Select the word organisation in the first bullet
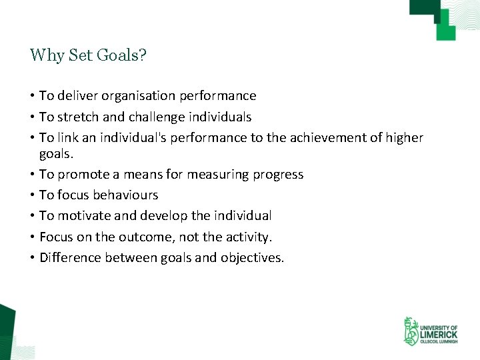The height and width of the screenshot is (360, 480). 139,96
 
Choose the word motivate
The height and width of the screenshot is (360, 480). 83,216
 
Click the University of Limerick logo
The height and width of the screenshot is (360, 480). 430,331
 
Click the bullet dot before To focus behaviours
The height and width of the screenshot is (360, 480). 32,195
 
